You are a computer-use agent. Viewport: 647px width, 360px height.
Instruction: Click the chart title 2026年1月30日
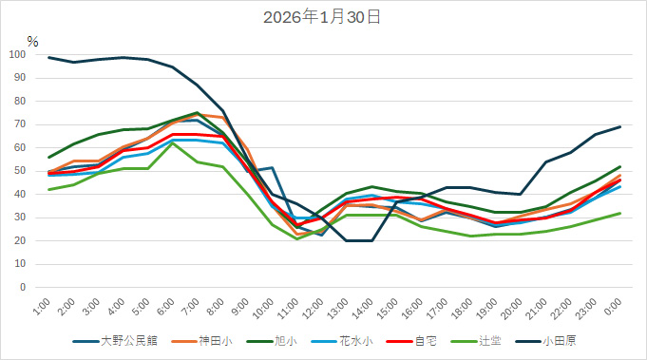click(323, 17)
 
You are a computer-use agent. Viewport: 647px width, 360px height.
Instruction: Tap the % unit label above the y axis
click(32, 42)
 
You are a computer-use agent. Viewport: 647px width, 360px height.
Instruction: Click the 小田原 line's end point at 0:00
click(619, 126)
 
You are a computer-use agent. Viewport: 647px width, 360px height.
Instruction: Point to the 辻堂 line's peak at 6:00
click(172, 142)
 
